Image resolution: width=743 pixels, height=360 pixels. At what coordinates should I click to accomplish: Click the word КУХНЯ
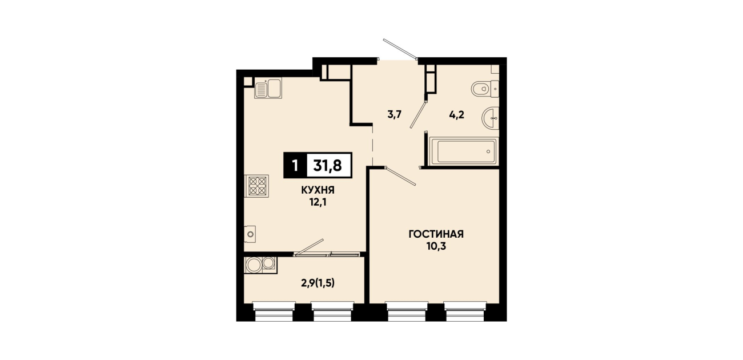318,190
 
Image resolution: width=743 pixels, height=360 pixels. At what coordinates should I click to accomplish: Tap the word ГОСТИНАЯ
436,234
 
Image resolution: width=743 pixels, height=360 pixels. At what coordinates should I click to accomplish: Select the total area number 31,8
328,165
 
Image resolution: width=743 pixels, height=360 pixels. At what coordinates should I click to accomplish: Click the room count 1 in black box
295,165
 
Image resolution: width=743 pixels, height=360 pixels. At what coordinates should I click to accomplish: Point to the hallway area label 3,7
395,114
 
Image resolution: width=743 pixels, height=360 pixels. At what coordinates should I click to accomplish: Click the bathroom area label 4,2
456,115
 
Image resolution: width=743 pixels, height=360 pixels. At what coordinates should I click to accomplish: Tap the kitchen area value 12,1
318,202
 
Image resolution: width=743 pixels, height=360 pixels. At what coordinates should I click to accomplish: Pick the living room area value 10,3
436,246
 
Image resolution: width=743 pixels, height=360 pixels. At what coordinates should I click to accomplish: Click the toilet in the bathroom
485,89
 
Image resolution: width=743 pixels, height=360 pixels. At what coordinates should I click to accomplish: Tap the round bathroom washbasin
490,118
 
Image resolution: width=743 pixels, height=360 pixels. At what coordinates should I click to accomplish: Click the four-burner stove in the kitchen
257,186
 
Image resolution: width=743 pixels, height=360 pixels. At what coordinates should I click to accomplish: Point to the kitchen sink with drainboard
268,88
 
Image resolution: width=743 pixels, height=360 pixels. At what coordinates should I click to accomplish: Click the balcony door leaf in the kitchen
309,247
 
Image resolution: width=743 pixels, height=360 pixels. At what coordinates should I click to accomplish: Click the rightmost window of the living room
464,311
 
